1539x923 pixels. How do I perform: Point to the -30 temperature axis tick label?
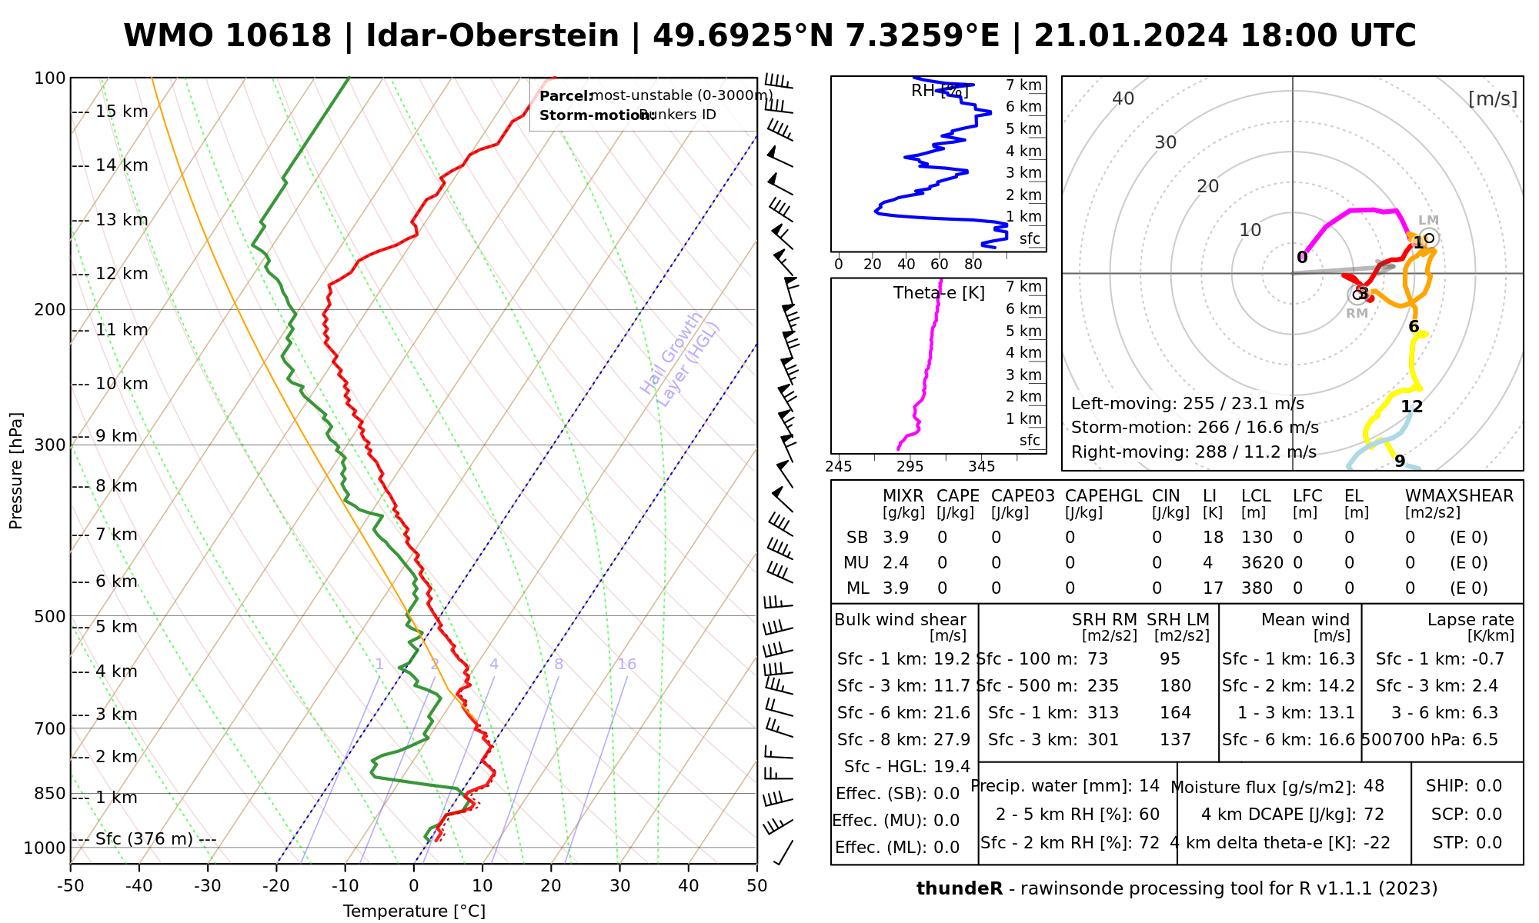pos(207,886)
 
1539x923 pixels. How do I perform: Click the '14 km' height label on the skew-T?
pos(122,165)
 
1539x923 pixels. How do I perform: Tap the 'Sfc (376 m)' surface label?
pos(144,838)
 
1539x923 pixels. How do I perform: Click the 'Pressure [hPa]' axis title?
pos(16,471)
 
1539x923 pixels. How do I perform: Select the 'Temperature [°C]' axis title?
pos(414,911)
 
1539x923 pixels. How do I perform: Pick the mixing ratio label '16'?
pos(626,665)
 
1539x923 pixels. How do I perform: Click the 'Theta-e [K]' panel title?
pos(939,293)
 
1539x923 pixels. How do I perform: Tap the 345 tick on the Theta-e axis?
pos(981,467)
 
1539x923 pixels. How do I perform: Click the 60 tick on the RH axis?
pos(939,265)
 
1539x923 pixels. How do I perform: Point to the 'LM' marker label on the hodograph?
pos(1428,221)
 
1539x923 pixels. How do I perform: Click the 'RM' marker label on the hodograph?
pos(1357,313)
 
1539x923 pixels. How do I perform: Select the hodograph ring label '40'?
pos(1123,98)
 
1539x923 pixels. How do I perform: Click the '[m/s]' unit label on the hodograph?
pos(1492,98)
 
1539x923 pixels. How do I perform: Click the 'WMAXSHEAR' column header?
pos(1459,496)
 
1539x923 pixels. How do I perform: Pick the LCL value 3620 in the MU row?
pos(1262,563)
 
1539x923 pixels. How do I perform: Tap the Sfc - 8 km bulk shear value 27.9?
pos(952,740)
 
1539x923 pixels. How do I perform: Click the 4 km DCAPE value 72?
pos(1374,815)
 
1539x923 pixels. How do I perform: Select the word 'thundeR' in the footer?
pos(959,889)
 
